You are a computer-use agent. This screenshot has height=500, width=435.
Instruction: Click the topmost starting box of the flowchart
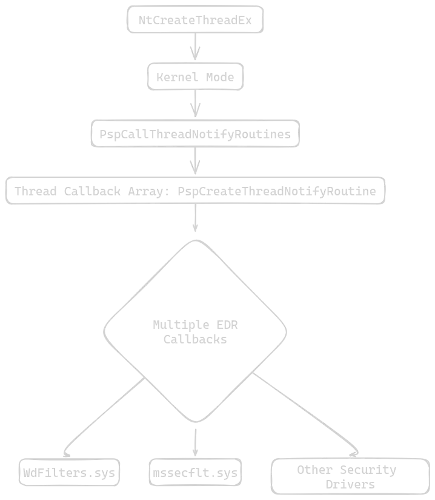[195, 19]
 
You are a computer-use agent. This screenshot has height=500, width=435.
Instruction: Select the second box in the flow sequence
[196, 77]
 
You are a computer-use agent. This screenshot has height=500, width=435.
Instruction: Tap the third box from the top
[194, 134]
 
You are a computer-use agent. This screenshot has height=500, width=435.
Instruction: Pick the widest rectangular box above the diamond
[196, 192]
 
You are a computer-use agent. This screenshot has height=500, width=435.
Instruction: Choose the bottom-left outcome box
[68, 471]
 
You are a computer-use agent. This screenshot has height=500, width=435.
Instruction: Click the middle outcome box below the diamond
[194, 471]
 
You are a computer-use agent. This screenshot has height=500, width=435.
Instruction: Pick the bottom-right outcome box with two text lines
[350, 475]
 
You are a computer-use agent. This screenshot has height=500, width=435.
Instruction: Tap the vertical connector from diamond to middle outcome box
[194, 438]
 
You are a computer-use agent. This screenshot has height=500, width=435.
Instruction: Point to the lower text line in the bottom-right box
[347, 484]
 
